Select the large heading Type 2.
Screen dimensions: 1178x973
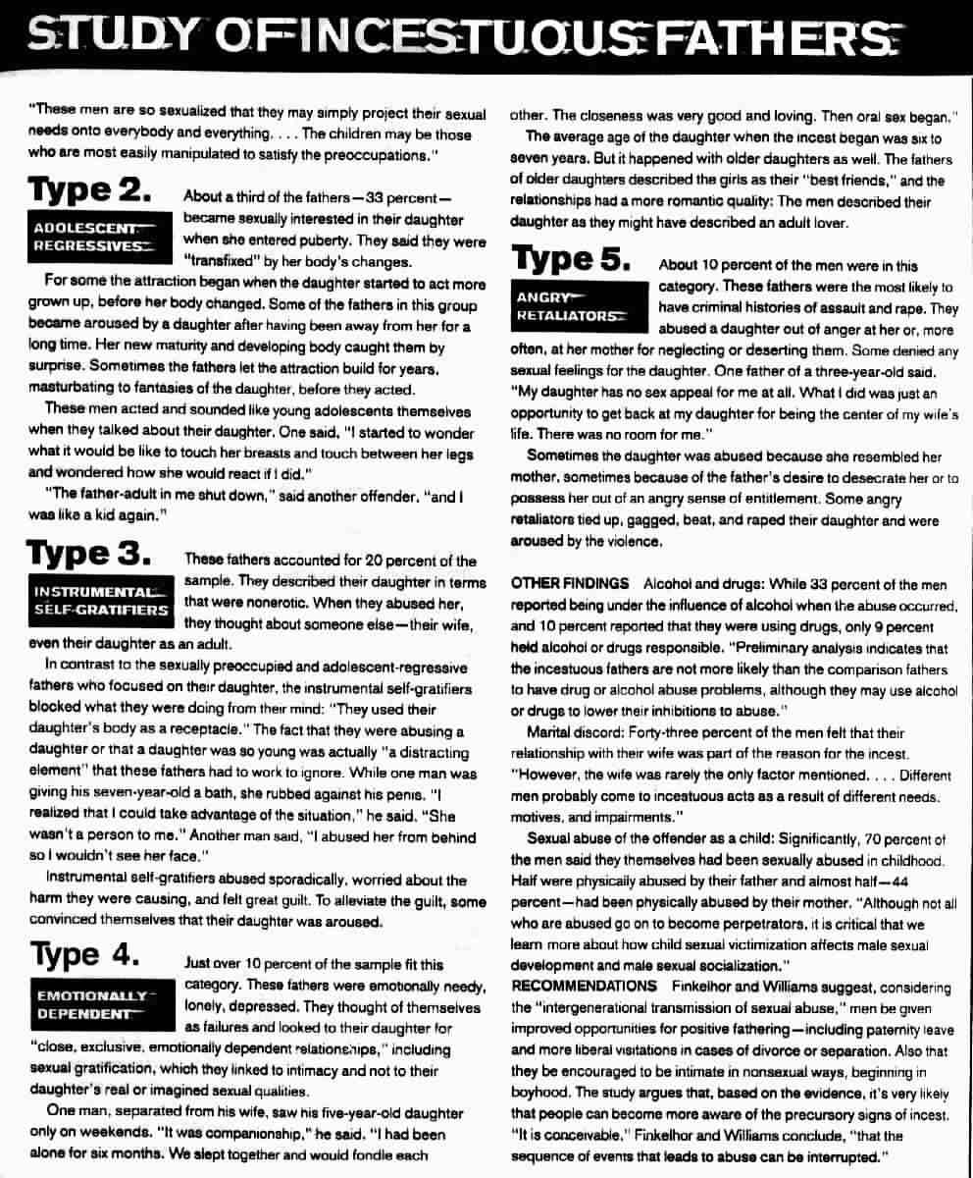[89, 189]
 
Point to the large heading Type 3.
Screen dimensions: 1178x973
[89, 555]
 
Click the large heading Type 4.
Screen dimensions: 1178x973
[89, 954]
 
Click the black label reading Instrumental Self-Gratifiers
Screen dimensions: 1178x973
[100, 601]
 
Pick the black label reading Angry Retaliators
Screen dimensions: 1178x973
[570, 306]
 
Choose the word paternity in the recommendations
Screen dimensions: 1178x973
[852, 1030]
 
